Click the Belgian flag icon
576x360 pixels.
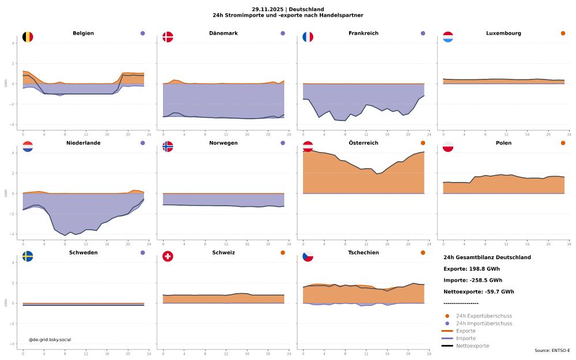28,37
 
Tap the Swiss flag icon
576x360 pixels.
168,256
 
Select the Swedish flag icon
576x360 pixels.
28,256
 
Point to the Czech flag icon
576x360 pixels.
308,256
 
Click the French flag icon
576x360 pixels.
308,37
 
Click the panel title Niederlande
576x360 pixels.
84,143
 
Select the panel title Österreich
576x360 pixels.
363,143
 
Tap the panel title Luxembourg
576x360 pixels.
503,33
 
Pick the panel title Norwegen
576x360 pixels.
223,143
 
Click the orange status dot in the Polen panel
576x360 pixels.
563,143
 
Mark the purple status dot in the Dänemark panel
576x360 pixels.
283,33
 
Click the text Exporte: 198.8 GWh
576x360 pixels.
471,269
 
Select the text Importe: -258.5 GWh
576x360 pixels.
472,281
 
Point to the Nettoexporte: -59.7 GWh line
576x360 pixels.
479,292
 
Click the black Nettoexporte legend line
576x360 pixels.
447,346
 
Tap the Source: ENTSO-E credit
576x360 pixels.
552,351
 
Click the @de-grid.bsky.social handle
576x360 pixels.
50,340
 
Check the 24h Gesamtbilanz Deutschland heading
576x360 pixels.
487,257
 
